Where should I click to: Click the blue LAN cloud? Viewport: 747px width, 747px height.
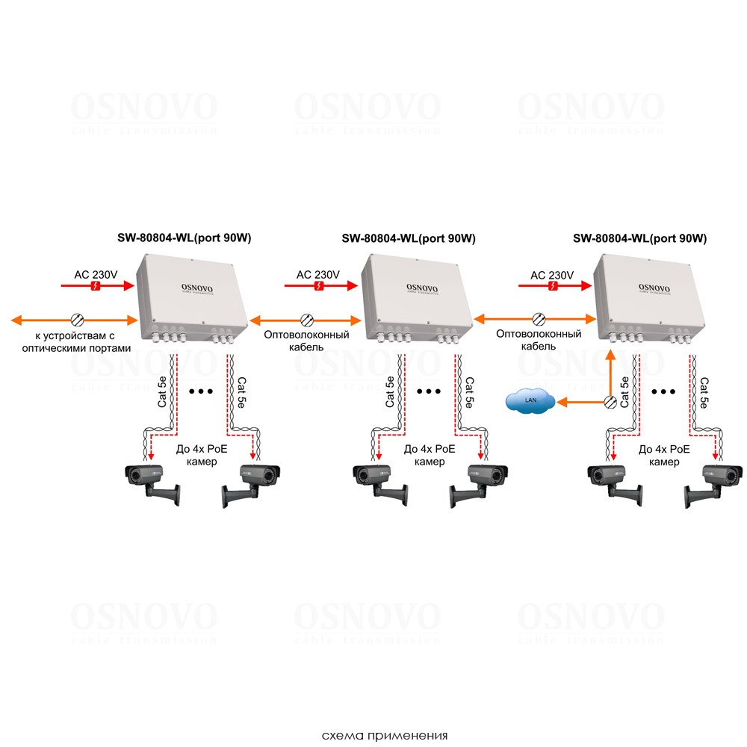click(530, 402)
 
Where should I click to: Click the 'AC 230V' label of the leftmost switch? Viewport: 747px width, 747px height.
click(96, 274)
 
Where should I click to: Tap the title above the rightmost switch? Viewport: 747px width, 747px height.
click(639, 239)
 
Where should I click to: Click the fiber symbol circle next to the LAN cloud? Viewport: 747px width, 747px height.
click(610, 402)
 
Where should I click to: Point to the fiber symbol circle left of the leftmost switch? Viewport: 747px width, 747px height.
click(77, 320)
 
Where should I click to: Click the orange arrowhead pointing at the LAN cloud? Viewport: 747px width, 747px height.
click(560, 402)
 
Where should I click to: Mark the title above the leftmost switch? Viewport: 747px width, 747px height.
click(184, 239)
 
